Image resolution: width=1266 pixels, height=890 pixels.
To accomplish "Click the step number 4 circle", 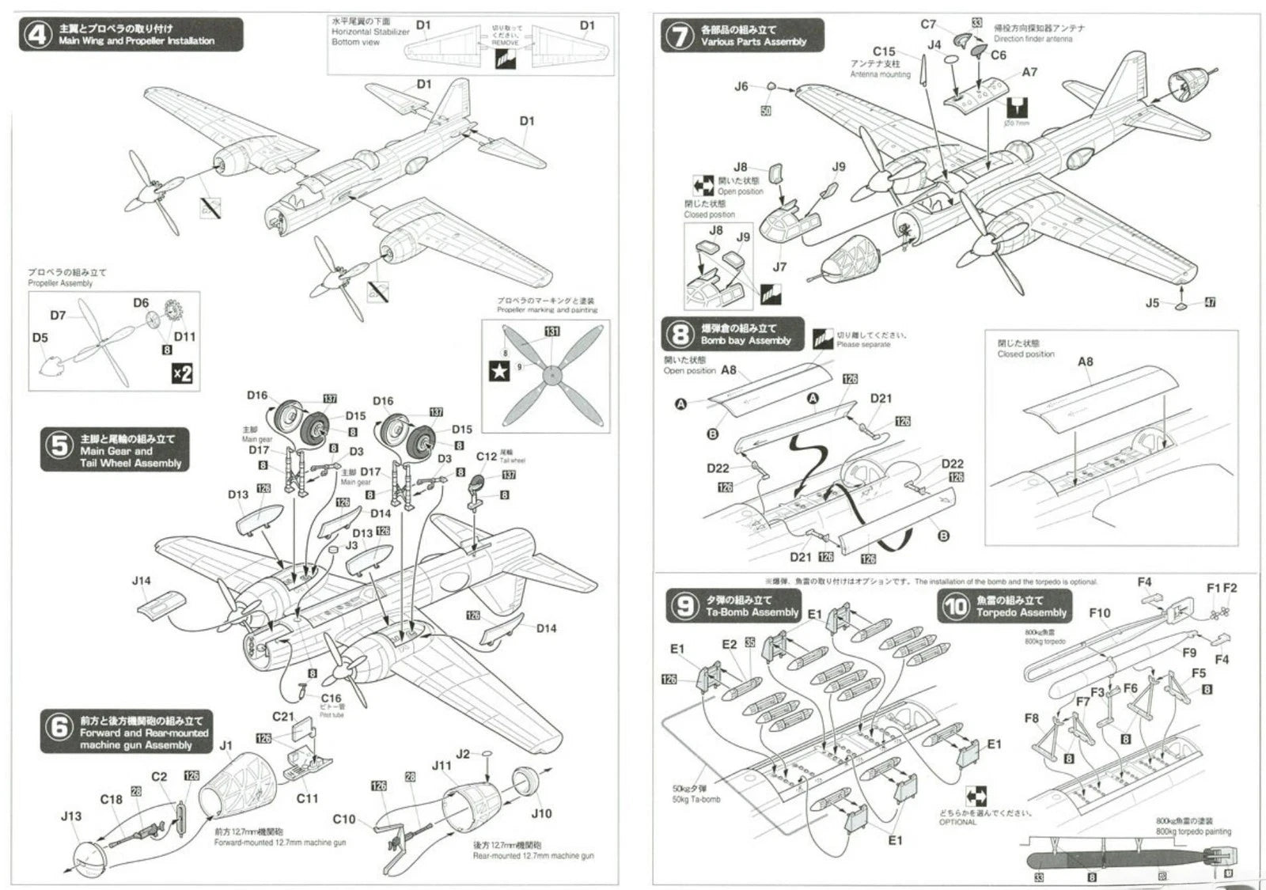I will click(x=37, y=35).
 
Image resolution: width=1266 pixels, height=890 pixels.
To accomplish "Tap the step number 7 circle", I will click(x=680, y=36).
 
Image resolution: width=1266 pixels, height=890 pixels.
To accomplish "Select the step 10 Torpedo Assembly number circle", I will click(x=955, y=606).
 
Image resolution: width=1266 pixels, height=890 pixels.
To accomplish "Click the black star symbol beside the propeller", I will click(x=499, y=370).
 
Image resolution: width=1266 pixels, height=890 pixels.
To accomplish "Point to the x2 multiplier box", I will click(x=182, y=373).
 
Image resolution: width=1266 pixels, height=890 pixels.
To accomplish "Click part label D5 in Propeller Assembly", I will click(x=40, y=338).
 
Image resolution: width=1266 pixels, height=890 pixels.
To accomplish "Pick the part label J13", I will click(x=71, y=816).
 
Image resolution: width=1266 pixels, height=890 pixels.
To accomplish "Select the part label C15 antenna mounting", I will click(x=884, y=51).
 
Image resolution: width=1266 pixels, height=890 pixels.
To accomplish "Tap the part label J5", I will click(x=1152, y=303).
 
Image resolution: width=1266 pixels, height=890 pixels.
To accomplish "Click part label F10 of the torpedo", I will click(x=1099, y=613).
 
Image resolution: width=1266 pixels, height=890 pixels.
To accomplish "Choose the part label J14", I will click(x=141, y=581).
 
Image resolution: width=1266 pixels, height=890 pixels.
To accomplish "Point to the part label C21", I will click(x=283, y=717).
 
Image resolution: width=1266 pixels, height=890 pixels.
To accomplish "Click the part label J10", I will click(x=541, y=813).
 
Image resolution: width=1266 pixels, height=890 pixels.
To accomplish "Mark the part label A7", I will click(x=1029, y=72).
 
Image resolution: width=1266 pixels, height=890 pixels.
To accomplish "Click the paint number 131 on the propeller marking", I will click(x=552, y=331).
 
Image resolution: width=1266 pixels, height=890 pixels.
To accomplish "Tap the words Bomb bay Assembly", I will click(x=745, y=340).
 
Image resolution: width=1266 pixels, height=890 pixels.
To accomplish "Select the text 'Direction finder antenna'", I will click(x=1033, y=39).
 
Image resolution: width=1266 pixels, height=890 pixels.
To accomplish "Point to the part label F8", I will click(x=1031, y=718).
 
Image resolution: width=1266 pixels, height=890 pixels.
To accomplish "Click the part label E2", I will click(x=729, y=645).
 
